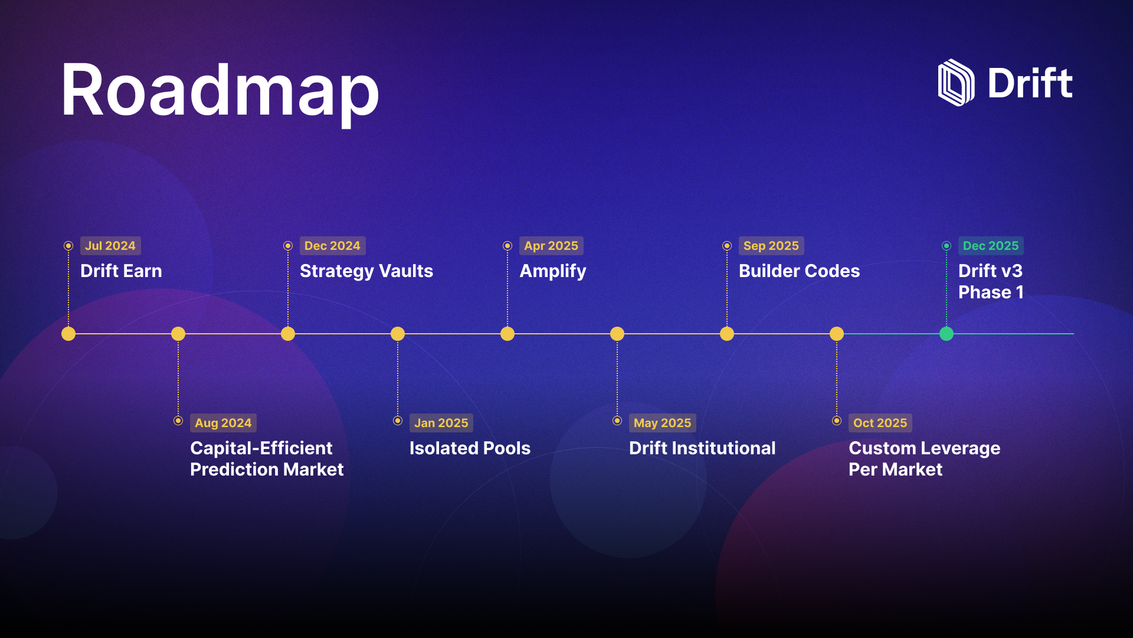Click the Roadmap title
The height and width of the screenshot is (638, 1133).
click(x=220, y=92)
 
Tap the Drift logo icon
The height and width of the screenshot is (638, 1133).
click(x=956, y=83)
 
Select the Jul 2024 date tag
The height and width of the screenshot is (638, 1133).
click(x=110, y=246)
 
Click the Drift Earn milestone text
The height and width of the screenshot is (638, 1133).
click(x=121, y=271)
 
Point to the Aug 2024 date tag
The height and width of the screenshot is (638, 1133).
click(x=223, y=423)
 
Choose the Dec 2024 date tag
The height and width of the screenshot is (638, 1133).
click(x=332, y=246)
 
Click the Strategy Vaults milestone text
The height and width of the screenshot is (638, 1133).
click(x=366, y=272)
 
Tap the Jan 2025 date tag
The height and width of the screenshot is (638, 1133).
click(x=441, y=423)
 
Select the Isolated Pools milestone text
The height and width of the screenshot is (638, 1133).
click(x=470, y=448)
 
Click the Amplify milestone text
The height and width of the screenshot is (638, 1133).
click(x=553, y=272)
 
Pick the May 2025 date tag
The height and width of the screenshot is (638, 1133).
click(x=662, y=423)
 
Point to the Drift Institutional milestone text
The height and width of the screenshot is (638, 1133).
click(x=702, y=448)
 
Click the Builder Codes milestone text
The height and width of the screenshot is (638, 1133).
click(x=799, y=271)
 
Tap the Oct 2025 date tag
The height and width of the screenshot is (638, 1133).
click(x=880, y=423)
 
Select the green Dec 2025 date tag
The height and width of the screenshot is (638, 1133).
click(x=991, y=246)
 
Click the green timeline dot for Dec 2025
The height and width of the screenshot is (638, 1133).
click(x=947, y=334)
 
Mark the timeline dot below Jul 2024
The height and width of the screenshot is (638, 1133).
click(x=68, y=334)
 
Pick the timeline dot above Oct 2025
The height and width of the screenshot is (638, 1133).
click(x=837, y=334)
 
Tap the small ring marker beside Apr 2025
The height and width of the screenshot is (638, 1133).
click(x=507, y=246)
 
